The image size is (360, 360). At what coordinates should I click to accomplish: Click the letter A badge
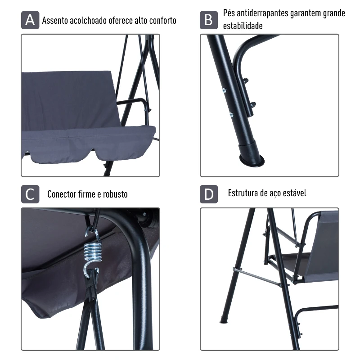pyautogui.click(x=30, y=20)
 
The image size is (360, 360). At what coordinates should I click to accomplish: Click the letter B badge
pyautogui.click(x=209, y=20)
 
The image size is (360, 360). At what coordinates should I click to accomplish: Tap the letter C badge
pyautogui.click(x=30, y=194)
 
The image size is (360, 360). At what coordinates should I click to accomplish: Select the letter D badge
pyautogui.click(x=209, y=194)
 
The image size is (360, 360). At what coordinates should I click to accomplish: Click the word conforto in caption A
pyautogui.click(x=163, y=20)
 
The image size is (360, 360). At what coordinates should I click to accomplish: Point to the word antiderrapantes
pyautogui.click(x=262, y=13)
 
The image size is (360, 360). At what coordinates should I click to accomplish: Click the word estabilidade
pyautogui.click(x=243, y=26)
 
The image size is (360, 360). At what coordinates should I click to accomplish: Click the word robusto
pyautogui.click(x=115, y=194)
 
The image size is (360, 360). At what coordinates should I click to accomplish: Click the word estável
pyautogui.click(x=295, y=193)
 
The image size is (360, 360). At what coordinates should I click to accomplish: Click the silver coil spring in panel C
pyautogui.click(x=93, y=252)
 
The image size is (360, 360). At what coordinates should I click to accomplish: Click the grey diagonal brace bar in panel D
pyautogui.click(x=257, y=277)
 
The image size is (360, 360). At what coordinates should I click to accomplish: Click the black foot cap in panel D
pyautogui.click(x=223, y=320)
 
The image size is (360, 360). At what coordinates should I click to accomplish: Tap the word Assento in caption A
pyautogui.click(x=55, y=20)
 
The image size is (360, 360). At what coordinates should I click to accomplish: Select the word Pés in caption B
pyautogui.click(x=229, y=13)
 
